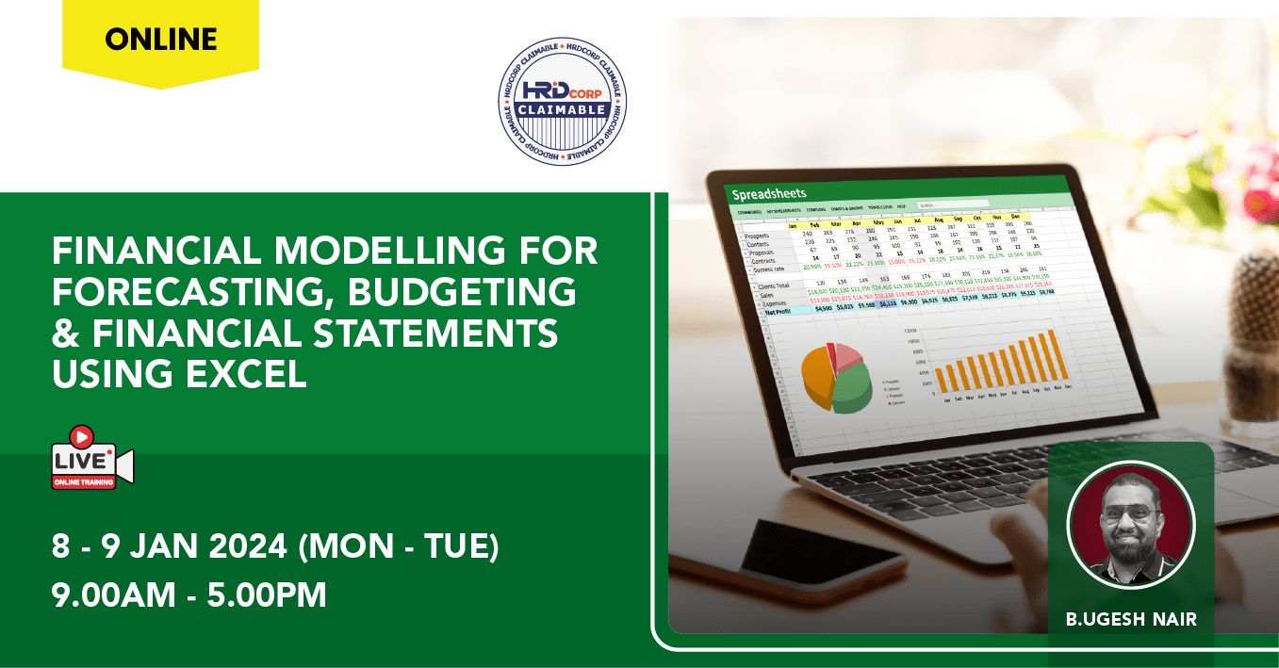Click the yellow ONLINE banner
coord(160,40)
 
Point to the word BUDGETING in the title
coord(461,293)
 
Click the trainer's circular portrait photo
coord(1130,525)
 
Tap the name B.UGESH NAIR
coord(1130,619)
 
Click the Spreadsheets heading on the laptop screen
coord(769,194)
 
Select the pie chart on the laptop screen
coord(837,377)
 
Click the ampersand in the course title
coord(64,334)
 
